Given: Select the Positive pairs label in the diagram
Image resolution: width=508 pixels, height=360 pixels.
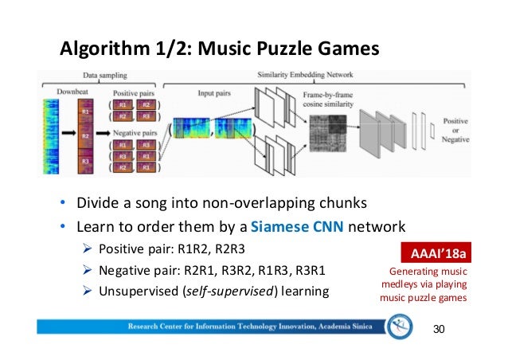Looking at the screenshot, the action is click(131, 92).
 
